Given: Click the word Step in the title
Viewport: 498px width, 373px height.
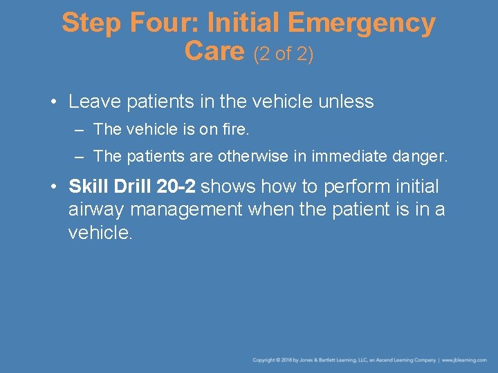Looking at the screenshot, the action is pos(91,23).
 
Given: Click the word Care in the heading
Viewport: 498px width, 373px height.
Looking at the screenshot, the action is pos(214,50).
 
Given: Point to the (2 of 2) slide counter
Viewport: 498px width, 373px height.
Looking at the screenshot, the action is pos(284,54).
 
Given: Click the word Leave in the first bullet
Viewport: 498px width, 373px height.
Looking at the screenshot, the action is pos(95,102).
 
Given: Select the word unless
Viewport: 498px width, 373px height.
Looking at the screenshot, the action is pos(346,102).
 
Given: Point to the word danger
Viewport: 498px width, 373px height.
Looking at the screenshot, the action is pos(417,157).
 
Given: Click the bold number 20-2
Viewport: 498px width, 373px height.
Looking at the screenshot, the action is pos(176,186).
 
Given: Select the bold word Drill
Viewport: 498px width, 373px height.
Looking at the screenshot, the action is pos(132,186).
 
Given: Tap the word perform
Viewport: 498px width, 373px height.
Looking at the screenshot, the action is pos(357,187).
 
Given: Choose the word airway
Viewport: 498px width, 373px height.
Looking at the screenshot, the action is pos(96,211).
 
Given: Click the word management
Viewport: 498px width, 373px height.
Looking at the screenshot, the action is pos(186,211).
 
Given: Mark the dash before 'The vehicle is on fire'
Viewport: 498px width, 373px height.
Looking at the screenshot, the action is pos(80,130).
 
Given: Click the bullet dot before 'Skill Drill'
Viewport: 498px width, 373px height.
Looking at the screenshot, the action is pos(54,186).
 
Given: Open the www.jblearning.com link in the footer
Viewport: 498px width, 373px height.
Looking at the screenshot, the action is pos(464,360).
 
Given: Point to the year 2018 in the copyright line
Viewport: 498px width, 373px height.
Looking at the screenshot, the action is pos(286,360).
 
